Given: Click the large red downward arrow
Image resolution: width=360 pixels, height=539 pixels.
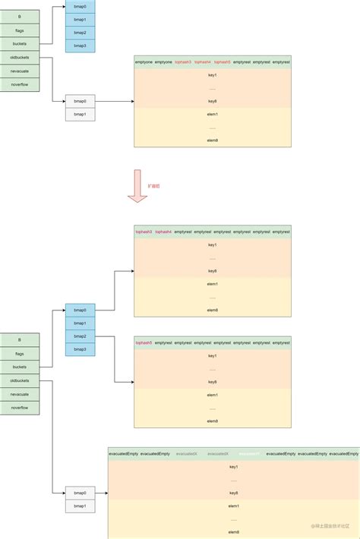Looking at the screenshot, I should tap(137, 186).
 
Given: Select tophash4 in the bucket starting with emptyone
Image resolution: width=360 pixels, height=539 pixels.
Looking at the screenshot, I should tap(203, 61).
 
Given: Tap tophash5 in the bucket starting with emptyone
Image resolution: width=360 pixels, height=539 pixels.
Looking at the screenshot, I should tap(223, 61).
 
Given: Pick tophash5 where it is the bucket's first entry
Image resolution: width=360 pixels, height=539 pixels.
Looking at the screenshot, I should tap(144, 342).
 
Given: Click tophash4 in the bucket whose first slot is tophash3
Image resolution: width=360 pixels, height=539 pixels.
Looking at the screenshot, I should tap(163, 231).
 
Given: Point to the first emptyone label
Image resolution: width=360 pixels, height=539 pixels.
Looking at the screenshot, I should tap(144, 61).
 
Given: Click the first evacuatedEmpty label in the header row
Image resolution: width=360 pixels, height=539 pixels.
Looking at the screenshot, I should tap(123, 453).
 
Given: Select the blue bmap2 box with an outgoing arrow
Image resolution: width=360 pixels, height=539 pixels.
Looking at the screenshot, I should tap(80, 336).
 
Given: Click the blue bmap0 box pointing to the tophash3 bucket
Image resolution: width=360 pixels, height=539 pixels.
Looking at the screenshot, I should tap(80, 310).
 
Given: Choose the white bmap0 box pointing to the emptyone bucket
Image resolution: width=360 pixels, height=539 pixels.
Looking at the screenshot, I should tap(80, 101).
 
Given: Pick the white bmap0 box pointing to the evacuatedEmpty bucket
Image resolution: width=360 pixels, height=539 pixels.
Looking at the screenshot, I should tap(80, 492).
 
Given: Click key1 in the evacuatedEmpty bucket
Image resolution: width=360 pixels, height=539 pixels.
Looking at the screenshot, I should tap(233, 467).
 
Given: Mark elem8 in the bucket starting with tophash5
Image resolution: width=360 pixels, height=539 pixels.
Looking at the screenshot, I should tap(213, 421).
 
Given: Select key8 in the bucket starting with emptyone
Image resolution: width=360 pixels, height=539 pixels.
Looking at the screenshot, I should tap(213, 101).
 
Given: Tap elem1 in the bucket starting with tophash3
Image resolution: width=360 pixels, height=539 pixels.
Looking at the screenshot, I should tap(213, 284).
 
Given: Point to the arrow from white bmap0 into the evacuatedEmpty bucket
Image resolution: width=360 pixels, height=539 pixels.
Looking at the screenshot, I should tap(101, 492).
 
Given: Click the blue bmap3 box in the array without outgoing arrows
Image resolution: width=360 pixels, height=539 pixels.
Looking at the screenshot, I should tap(80, 46).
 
